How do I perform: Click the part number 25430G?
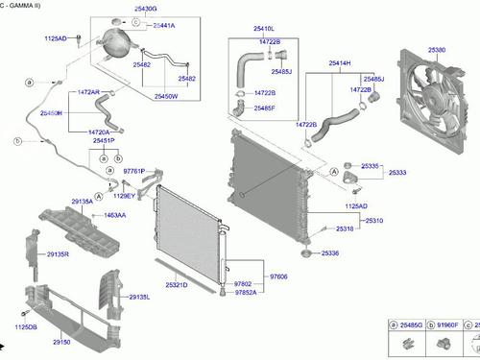[119, 9]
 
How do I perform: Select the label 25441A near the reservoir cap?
[164, 26]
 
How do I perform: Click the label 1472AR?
[88, 92]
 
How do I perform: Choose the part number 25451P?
[104, 141]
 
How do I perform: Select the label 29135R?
[58, 254]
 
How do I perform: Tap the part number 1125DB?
[25, 327]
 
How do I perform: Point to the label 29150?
[61, 342]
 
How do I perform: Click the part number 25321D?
[177, 285]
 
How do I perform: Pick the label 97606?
[278, 276]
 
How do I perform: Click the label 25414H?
[339, 63]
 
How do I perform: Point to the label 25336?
[330, 252]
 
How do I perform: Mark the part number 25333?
[397, 173]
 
